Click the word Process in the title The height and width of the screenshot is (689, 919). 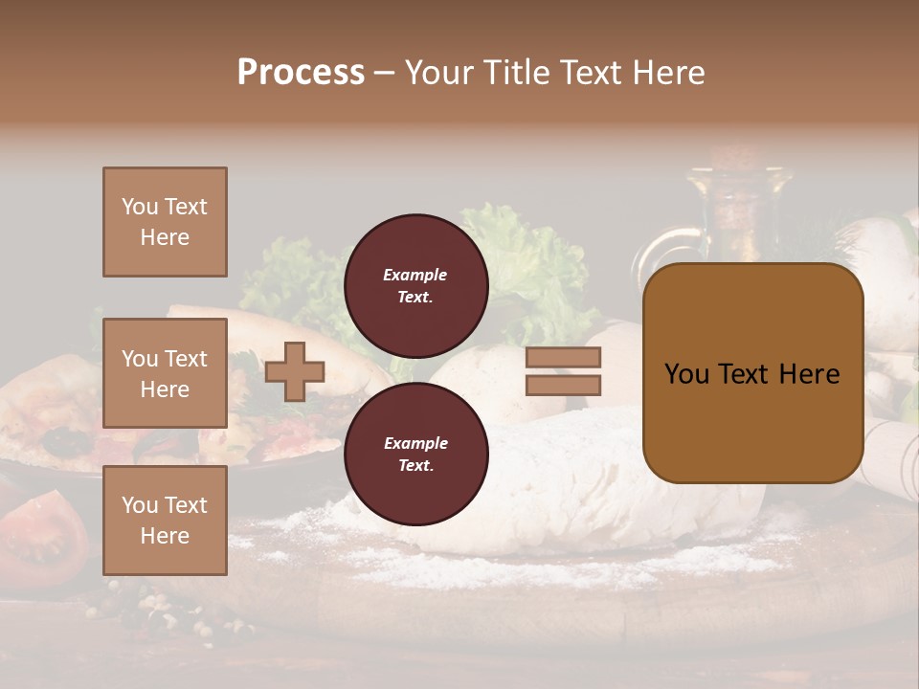301,73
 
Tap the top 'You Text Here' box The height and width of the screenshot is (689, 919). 165,222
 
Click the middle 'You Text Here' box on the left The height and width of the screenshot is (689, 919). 165,373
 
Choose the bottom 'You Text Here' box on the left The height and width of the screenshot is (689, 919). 165,521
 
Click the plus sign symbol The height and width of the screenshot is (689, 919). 295,371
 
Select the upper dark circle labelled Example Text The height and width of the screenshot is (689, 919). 415,285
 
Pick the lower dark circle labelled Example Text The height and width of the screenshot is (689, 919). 415,454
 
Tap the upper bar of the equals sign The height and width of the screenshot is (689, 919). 563,358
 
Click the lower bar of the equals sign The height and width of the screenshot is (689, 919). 563,385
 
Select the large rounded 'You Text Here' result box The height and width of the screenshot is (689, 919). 752,373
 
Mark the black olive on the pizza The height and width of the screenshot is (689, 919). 65,442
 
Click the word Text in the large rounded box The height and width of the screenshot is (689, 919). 751,374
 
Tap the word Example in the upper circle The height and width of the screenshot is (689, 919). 415,275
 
